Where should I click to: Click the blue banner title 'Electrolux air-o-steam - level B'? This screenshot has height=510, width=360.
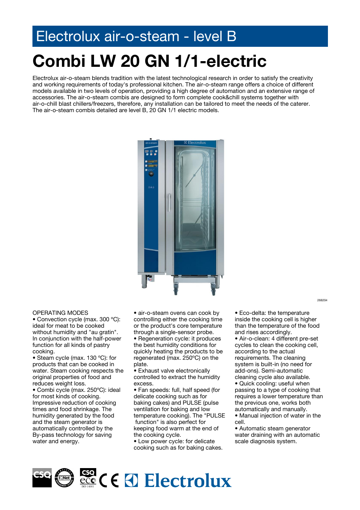pos(136,37)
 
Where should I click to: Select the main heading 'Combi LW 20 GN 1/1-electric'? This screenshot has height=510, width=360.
pos(149,61)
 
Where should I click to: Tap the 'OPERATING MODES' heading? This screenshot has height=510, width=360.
pos(60,313)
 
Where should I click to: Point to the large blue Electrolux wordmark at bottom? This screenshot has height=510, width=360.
pos(188,481)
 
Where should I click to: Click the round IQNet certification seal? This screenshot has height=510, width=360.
pos(65,478)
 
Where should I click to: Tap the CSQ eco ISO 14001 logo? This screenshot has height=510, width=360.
pos(88,478)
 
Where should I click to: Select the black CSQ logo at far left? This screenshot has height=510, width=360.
pos(42,478)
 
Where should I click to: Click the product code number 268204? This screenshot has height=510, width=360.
pos(322,300)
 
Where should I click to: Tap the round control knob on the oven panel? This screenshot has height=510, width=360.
pos(151,174)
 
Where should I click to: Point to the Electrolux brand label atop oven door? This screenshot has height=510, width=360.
pos(195,143)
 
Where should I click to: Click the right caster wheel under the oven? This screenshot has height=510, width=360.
pos(213,291)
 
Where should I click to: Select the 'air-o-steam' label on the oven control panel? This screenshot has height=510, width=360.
pos(151,143)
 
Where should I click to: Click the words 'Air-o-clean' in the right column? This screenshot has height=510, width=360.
pos(254,339)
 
